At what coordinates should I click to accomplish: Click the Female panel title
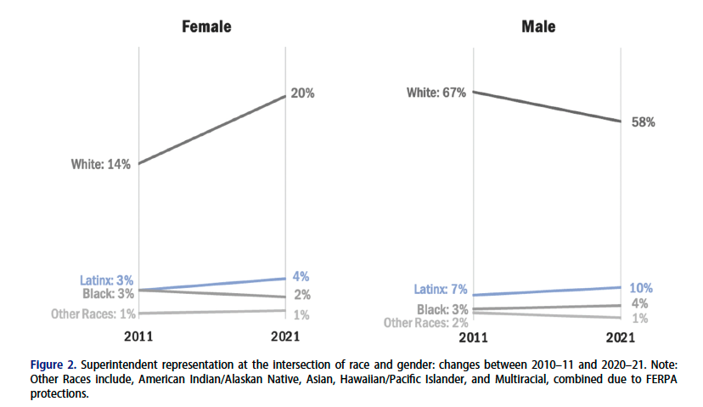207,27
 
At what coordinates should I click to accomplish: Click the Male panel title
538,27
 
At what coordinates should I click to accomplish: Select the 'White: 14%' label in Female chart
101,164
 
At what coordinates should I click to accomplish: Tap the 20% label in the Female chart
302,93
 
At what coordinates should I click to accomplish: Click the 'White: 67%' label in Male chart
435,93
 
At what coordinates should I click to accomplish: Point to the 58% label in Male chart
643,122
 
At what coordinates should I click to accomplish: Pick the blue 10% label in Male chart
642,288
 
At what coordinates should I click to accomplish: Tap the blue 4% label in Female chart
301,276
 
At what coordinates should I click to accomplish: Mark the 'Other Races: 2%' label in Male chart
425,322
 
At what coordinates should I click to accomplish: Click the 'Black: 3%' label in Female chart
108,294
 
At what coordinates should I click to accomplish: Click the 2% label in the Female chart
301,296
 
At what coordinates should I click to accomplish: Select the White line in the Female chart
212,129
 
